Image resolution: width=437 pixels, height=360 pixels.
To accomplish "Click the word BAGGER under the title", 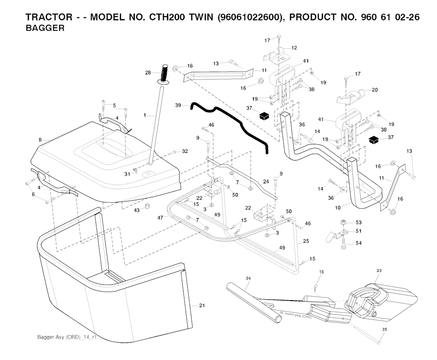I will (x=45, y=29).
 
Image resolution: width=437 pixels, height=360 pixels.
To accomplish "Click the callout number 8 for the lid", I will (x=40, y=140).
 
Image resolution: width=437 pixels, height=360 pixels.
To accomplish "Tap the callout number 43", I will (x=137, y=211).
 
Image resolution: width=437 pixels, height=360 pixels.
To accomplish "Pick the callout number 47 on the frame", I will (x=160, y=218).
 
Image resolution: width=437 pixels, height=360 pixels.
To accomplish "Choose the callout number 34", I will (x=248, y=278).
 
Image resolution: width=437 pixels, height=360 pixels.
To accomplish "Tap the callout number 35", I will (x=384, y=329).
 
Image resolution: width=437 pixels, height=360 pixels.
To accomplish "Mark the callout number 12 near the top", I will (x=294, y=47).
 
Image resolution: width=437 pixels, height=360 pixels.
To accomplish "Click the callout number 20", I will (x=375, y=90).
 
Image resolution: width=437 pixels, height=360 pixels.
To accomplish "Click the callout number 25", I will (x=306, y=241).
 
